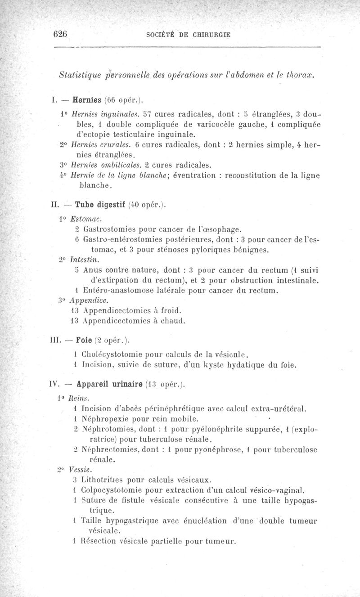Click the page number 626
(x=60, y=33)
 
